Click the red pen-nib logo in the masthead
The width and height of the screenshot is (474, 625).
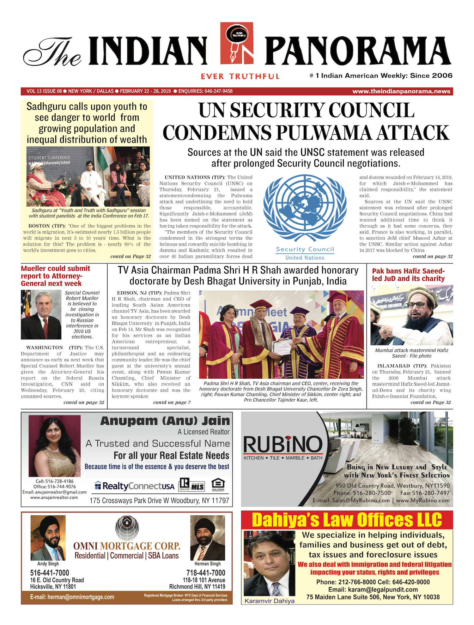237,47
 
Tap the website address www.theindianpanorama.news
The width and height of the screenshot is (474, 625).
401,91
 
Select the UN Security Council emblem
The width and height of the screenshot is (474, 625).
305,209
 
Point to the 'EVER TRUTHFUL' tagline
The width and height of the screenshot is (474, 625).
240,76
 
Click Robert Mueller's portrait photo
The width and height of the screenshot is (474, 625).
41,314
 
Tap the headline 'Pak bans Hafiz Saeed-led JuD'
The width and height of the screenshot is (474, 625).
408,275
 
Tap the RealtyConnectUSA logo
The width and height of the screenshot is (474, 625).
135,486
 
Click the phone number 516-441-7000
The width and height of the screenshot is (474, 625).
50,573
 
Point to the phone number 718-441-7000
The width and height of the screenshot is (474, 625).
206,573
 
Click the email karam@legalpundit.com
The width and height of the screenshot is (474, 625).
373,590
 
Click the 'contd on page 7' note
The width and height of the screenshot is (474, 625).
172,402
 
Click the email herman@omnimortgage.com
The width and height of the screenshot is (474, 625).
72,597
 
